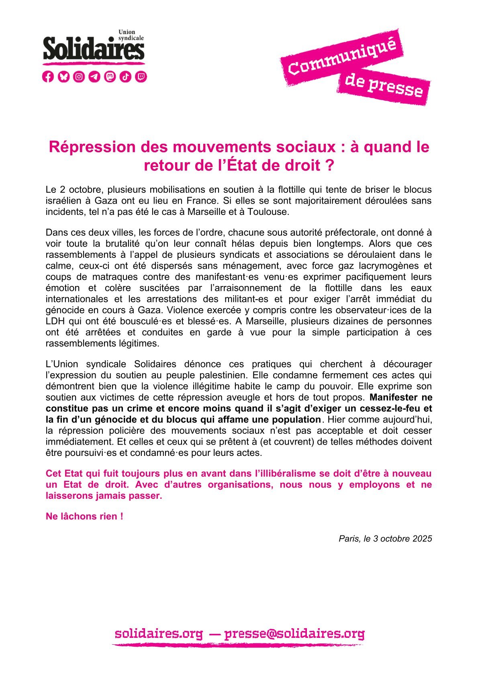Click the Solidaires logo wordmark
(x=94, y=49)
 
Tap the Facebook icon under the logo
(x=48, y=76)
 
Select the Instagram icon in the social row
(x=79, y=76)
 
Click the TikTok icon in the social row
(x=125, y=76)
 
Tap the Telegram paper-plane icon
(x=94, y=76)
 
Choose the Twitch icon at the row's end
(x=141, y=76)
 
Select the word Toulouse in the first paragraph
(x=272, y=212)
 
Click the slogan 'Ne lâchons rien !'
(x=84, y=517)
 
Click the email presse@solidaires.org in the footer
(x=294, y=634)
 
